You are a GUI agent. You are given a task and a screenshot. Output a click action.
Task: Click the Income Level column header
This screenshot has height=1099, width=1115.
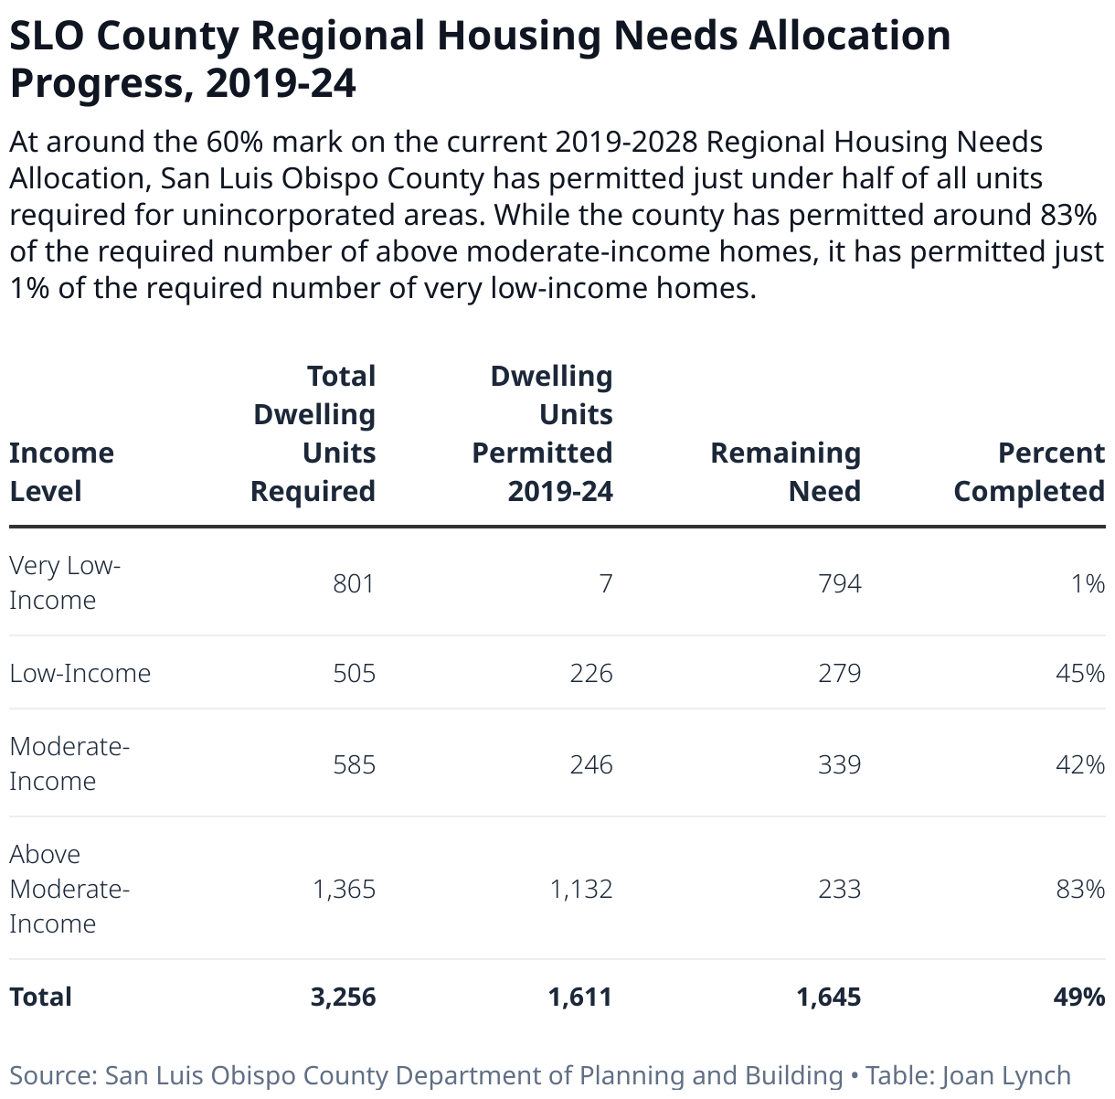(x=61, y=472)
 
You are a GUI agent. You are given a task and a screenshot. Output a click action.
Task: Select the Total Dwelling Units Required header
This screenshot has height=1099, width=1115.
(x=313, y=433)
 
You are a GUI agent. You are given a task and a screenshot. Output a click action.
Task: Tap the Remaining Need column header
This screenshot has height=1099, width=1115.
(x=785, y=472)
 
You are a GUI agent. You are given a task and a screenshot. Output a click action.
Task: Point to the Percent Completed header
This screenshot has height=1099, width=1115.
(x=1029, y=472)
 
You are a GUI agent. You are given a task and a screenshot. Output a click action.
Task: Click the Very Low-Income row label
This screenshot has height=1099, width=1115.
(x=65, y=582)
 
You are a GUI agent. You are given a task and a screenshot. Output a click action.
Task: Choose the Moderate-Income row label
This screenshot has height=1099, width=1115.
(x=69, y=763)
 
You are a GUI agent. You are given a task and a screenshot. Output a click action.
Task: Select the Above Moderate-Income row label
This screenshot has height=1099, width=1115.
(x=69, y=889)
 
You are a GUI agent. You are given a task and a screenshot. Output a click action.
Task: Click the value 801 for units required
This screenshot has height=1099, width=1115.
(x=354, y=583)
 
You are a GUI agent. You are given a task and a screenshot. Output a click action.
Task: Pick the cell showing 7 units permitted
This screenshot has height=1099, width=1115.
(x=606, y=583)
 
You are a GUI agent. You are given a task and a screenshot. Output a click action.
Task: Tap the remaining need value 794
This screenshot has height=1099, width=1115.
(x=839, y=583)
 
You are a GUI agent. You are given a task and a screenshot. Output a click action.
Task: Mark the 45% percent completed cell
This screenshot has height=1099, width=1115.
(x=1080, y=674)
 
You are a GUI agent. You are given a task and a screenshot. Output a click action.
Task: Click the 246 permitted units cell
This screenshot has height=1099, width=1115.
(x=591, y=764)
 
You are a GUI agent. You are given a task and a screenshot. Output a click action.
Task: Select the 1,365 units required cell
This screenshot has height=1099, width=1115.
(x=344, y=890)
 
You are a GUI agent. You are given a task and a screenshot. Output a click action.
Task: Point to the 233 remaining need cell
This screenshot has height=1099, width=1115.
(x=839, y=890)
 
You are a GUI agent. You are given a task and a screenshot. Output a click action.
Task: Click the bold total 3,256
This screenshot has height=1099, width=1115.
(x=343, y=997)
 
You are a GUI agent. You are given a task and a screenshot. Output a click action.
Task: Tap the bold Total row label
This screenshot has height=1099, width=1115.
(x=40, y=997)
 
